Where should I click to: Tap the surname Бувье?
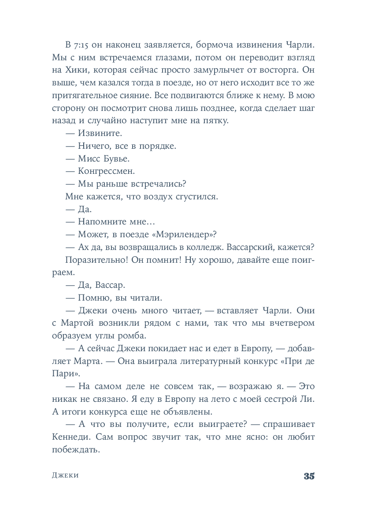coord(115,158)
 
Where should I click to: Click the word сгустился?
coord(196,197)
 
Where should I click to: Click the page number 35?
coord(308,476)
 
